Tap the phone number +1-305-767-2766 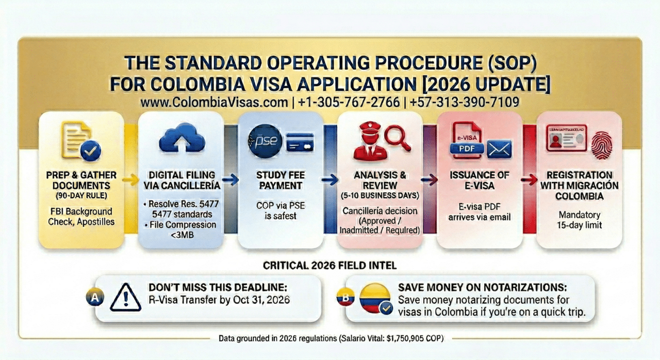click(350, 102)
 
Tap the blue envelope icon click(499, 149)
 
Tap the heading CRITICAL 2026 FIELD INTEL click(329, 266)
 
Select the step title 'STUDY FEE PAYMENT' click(280, 180)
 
